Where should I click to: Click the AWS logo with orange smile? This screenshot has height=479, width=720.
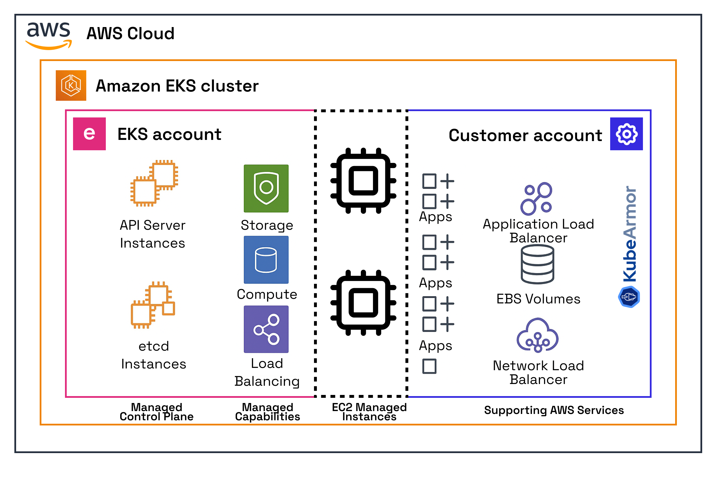49,36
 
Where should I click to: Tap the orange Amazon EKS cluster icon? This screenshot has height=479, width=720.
71,85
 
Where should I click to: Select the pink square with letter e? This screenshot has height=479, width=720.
89,134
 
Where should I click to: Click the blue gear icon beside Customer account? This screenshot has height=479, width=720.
626,134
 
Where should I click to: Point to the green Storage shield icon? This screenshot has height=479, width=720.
266,188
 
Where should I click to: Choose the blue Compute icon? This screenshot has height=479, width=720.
266,260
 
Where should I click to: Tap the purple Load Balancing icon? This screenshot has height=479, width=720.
266,329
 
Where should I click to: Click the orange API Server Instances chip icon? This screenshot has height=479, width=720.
154,183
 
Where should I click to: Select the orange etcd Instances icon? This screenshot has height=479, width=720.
153,305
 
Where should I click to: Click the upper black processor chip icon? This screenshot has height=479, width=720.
363,180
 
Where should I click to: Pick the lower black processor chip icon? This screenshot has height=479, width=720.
363,303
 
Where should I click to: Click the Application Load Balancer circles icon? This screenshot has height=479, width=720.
536,199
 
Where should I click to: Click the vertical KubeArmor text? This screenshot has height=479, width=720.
630,234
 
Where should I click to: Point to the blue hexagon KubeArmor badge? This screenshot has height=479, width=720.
629,296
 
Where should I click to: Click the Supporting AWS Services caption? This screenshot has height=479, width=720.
554,410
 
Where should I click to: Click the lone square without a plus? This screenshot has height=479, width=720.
429,366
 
